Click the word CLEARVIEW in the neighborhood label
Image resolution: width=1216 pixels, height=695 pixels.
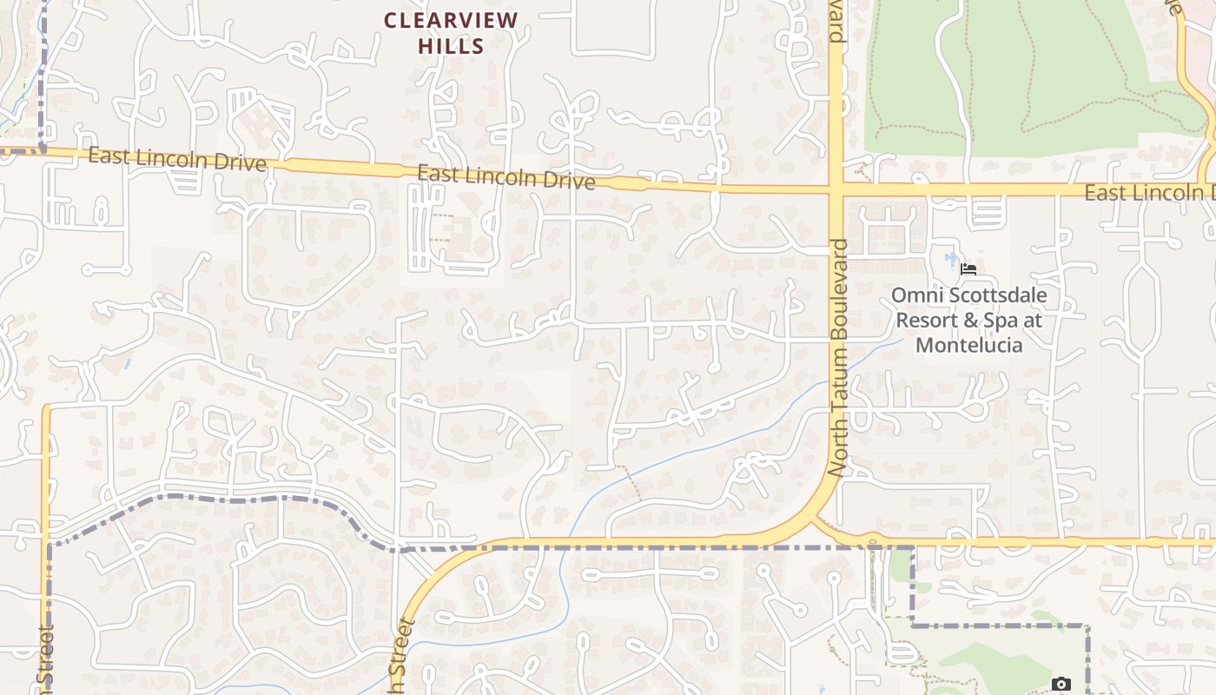[x=451, y=20]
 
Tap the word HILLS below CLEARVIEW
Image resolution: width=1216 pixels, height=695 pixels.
[x=451, y=46]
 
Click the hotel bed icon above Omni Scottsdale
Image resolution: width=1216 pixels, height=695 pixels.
[x=968, y=269]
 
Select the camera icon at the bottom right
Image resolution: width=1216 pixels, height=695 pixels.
[x=1061, y=685]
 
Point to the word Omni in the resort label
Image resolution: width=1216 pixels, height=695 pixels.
[x=912, y=296]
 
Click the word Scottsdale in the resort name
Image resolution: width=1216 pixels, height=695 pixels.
[x=992, y=296]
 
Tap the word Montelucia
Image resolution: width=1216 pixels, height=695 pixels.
[x=968, y=345]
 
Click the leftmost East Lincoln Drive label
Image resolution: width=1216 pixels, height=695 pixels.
[x=176, y=159]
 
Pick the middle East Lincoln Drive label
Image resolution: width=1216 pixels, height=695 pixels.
[x=506, y=177]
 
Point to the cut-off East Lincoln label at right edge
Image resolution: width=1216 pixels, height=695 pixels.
[x=1148, y=193]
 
